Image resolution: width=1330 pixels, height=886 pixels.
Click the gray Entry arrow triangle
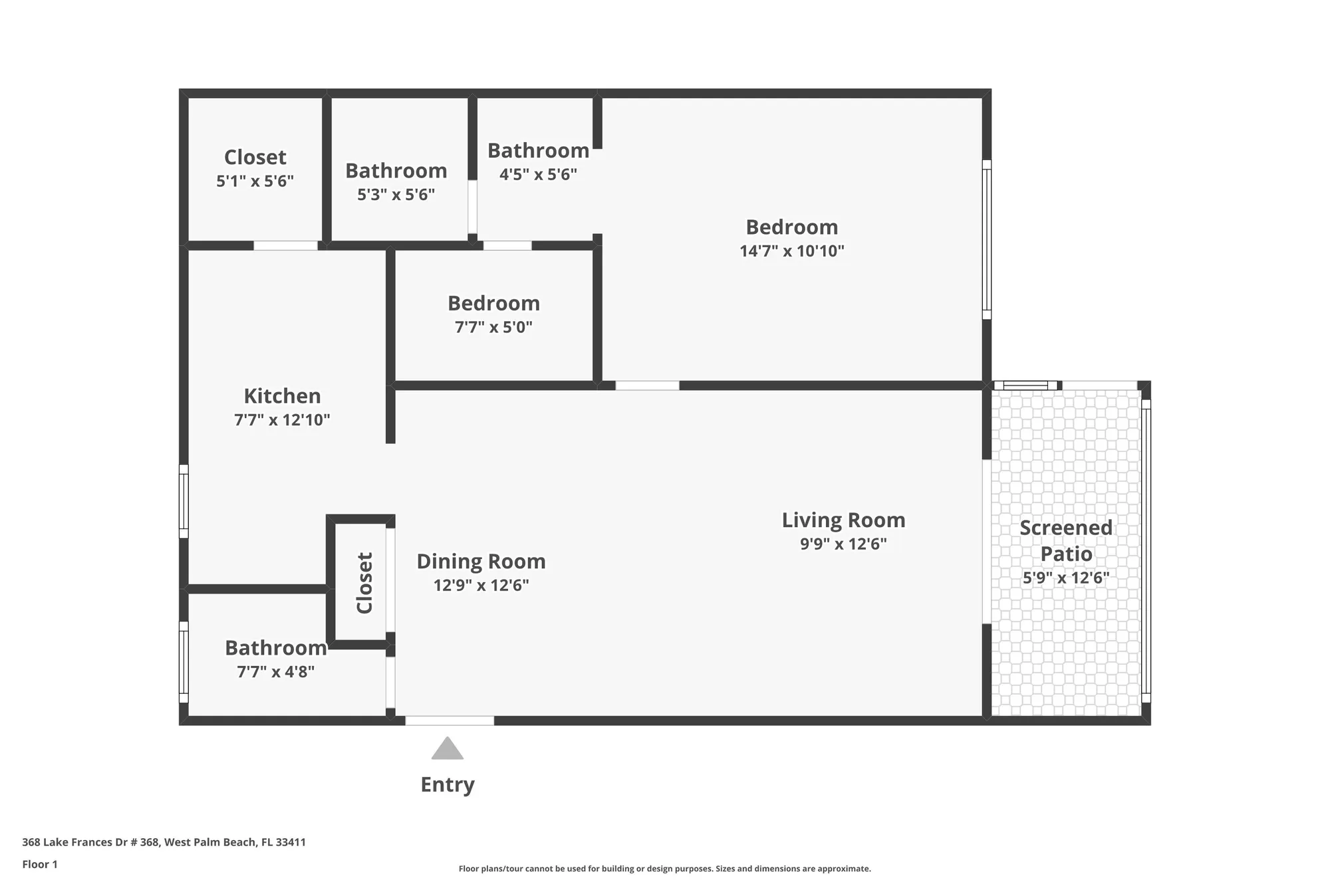[447, 750]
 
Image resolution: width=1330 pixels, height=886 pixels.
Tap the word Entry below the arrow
[448, 784]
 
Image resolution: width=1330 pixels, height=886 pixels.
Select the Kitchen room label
[282, 396]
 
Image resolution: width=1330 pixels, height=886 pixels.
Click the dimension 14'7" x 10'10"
[791, 251]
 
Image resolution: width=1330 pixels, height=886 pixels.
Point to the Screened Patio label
[1065, 540]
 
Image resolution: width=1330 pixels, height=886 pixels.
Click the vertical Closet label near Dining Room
[364, 583]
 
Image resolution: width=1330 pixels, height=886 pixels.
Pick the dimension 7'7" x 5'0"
[493, 327]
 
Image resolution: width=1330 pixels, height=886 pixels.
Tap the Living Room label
[843, 520]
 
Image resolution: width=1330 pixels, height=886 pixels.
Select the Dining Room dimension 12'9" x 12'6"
[481, 586]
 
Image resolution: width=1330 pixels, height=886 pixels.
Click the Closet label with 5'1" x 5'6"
[255, 158]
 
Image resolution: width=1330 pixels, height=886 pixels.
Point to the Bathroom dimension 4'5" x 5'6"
[538, 175]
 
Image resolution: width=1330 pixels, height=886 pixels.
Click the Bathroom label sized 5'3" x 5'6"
[396, 171]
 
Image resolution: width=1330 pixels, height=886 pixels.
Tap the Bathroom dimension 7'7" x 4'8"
[275, 672]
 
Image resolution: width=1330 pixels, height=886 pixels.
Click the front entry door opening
[450, 720]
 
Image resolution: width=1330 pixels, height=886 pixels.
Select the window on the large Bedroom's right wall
[986, 239]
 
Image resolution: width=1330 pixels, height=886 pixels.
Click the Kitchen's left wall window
[184, 501]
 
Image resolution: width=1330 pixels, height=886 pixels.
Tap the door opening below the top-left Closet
[285, 245]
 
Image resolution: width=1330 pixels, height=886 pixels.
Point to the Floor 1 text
[40, 864]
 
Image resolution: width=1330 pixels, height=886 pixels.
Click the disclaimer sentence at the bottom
[664, 869]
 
